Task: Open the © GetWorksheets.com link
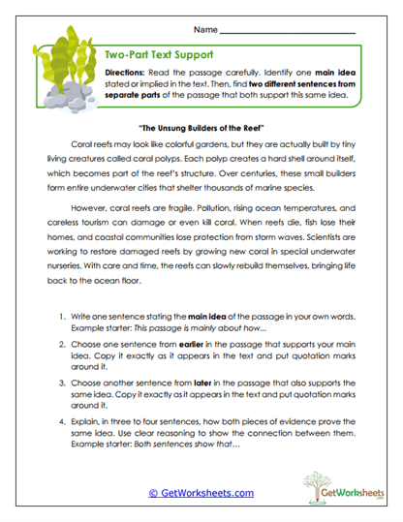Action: (x=201, y=493)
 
